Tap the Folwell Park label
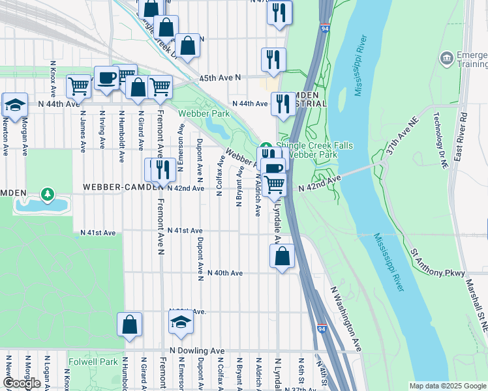(93, 361)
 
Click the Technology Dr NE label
(438, 133)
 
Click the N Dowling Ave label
(200, 351)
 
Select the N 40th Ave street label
(225, 273)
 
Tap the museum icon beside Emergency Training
(447, 59)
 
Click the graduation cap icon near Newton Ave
(16, 104)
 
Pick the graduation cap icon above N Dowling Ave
(181, 321)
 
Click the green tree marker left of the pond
(47, 194)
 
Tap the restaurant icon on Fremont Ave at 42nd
(162, 169)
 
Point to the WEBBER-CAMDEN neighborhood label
(121, 188)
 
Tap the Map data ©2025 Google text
(448, 386)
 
